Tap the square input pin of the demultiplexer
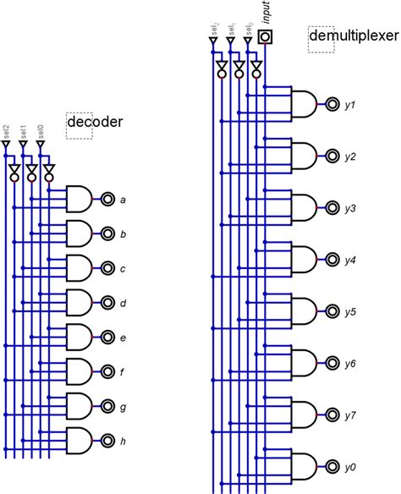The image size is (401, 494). pos(266,36)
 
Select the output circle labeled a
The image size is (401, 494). pos(107,200)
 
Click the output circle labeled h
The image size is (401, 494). pos(107,440)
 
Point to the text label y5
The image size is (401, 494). pos(350,311)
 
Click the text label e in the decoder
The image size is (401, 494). pos(124,338)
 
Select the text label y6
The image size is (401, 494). pos(350,364)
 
